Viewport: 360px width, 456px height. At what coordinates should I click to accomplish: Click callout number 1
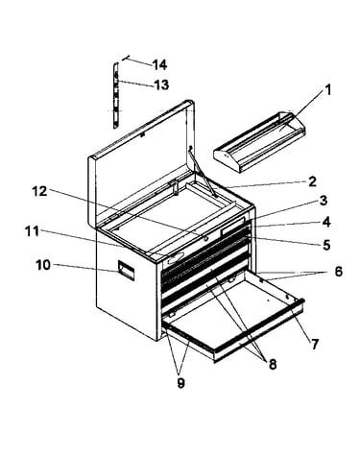[x=327, y=90]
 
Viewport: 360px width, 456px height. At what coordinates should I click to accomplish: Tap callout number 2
[x=312, y=181]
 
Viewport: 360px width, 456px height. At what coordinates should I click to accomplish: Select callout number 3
[x=324, y=201]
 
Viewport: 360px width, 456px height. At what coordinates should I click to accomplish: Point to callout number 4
[x=326, y=222]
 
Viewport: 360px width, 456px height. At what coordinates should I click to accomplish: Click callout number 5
[x=326, y=245]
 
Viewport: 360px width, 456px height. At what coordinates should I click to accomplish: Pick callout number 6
[x=338, y=272]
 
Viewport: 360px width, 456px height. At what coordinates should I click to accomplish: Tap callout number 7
[x=315, y=345]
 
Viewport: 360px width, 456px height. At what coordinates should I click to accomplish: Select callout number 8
[x=273, y=364]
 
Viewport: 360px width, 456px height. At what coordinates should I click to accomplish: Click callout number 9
[x=180, y=383]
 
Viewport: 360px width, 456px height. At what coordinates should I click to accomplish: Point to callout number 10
[x=43, y=265]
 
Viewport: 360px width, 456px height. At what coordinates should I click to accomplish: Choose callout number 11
[x=32, y=231]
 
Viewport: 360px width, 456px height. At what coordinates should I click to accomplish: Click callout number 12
[x=39, y=191]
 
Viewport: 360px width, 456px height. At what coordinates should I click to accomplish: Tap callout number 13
[x=161, y=85]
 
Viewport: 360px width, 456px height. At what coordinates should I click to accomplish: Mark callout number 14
[x=159, y=64]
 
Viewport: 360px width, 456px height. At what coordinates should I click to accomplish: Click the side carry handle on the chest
[x=126, y=271]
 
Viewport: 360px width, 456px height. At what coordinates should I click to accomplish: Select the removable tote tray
[x=259, y=142]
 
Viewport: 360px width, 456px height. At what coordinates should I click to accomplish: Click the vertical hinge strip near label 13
[x=116, y=96]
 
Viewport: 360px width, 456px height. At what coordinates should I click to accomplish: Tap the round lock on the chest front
[x=205, y=238]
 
